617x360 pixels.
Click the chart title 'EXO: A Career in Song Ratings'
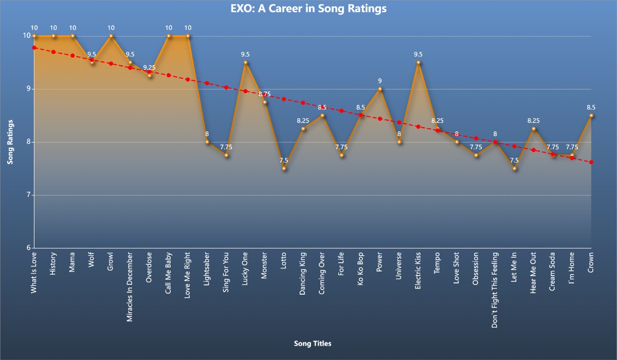click(x=308, y=9)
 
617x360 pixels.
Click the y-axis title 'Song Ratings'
click(x=10, y=142)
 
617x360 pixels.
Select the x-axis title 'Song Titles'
click(x=313, y=343)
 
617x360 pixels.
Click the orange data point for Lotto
click(x=284, y=168)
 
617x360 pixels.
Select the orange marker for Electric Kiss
click(x=419, y=62)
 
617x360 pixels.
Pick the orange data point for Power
click(x=380, y=89)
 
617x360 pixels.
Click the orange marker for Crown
click(x=591, y=115)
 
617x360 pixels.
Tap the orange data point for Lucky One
click(x=245, y=62)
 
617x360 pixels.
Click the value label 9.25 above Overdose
click(x=150, y=67)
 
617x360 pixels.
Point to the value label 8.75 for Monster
click(x=264, y=94)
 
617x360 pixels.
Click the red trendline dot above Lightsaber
click(x=207, y=83)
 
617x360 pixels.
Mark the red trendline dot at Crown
click(x=591, y=162)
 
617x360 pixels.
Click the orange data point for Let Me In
click(x=514, y=168)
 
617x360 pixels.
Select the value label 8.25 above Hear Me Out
click(x=533, y=120)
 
